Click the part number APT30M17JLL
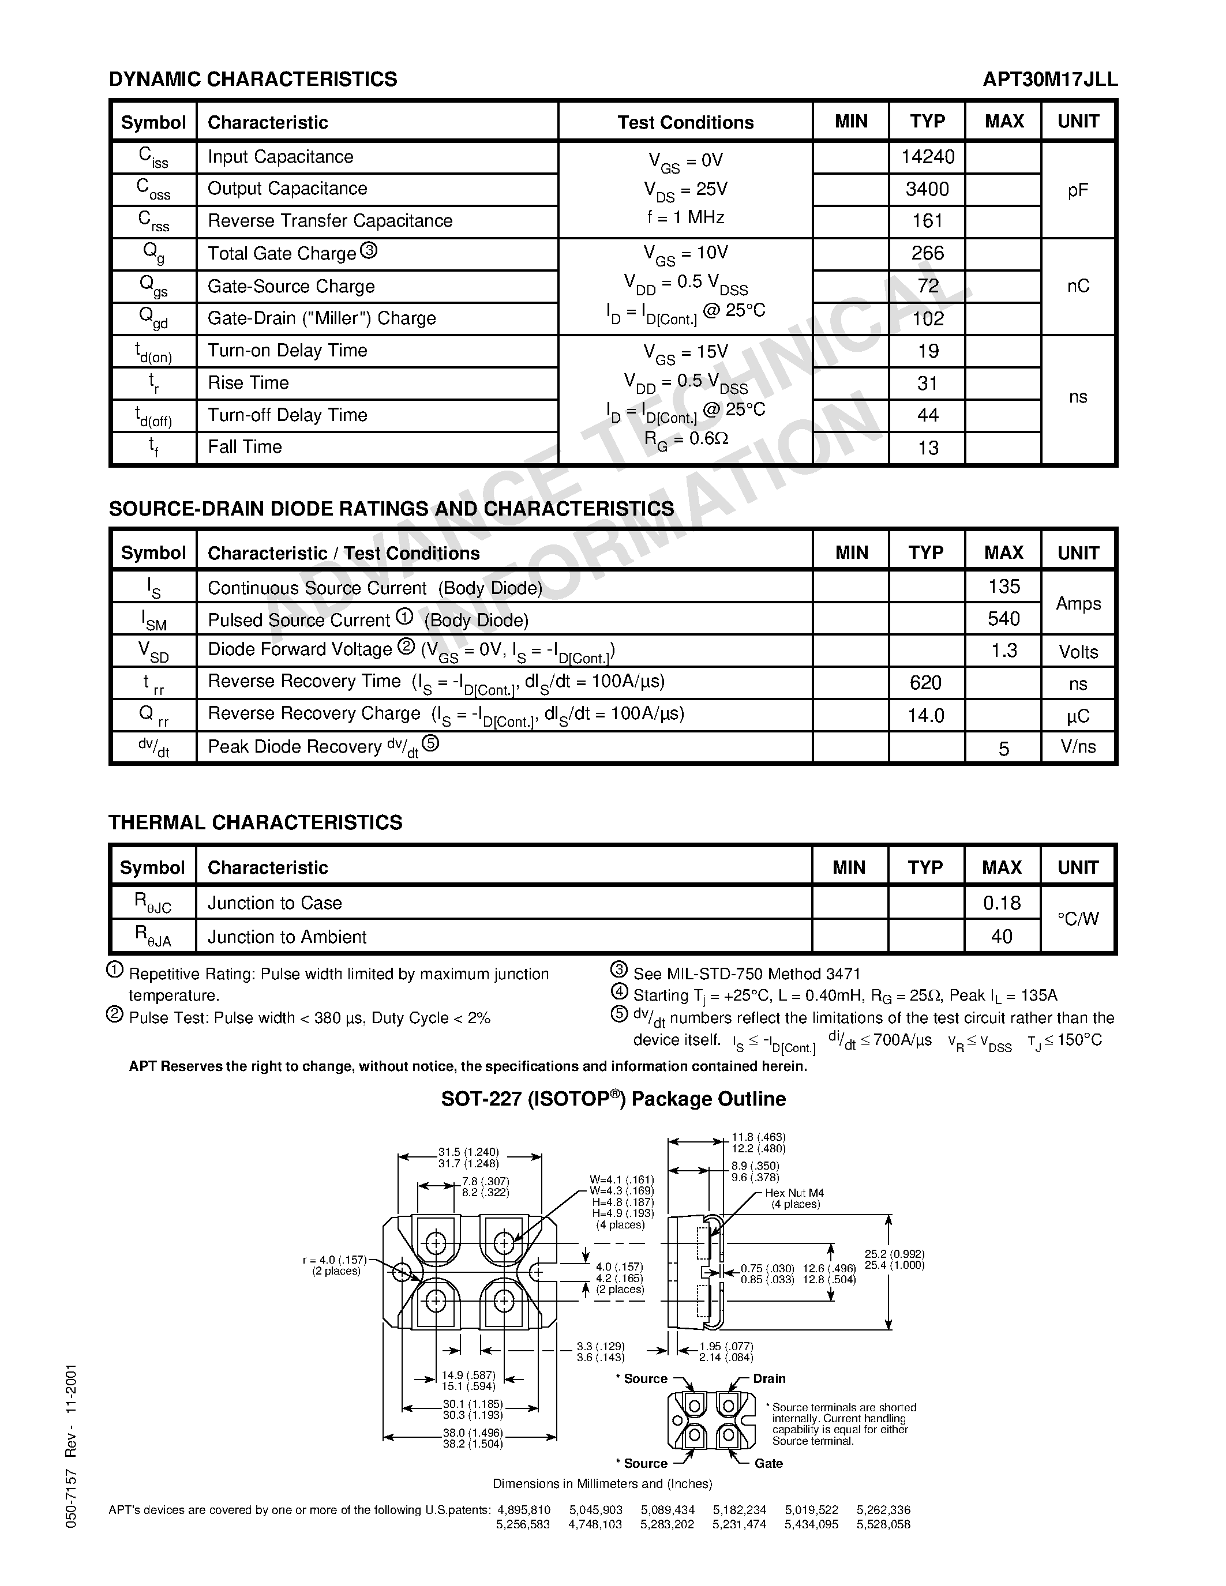(x=1049, y=79)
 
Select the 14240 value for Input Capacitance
(x=928, y=157)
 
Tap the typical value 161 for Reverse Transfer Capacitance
(x=928, y=221)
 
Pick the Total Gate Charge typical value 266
(x=928, y=253)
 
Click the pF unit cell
(x=1078, y=190)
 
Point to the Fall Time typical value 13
(x=928, y=448)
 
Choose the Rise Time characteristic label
(x=249, y=383)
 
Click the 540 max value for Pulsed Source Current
(x=1004, y=619)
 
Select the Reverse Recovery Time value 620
(x=925, y=683)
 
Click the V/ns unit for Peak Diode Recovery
(x=1078, y=746)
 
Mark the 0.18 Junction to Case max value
(x=1002, y=903)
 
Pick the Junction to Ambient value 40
(x=1002, y=937)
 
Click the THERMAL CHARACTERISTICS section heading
(x=255, y=823)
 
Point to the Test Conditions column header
(x=685, y=122)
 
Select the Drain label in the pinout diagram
(x=768, y=1379)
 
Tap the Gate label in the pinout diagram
(x=768, y=1463)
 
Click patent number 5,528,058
(x=883, y=1524)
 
